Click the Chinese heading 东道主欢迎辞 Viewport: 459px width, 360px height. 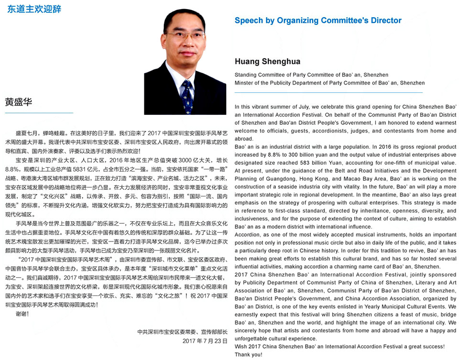click(x=34, y=9)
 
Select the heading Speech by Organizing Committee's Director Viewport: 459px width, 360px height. click(x=317, y=21)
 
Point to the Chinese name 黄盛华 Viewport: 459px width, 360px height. click(x=19, y=102)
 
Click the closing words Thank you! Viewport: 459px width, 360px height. click(x=249, y=354)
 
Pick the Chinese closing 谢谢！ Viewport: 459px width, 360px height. click(x=22, y=314)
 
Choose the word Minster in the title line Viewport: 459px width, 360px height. click(x=244, y=83)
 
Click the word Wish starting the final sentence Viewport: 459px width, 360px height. click(x=241, y=346)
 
